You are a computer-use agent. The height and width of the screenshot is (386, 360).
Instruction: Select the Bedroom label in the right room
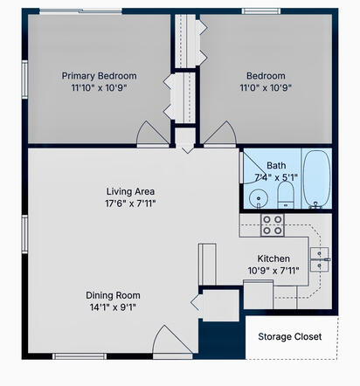coord(266,75)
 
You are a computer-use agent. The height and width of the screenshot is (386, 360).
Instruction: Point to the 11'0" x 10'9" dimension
coord(266,88)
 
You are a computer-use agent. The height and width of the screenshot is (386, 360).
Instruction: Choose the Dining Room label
coord(111,294)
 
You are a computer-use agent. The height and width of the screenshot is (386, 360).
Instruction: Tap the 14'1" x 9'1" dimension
coord(111,307)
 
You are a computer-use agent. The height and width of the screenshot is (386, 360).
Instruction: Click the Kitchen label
coord(273,258)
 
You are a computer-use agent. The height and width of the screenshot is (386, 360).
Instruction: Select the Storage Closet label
coord(290,336)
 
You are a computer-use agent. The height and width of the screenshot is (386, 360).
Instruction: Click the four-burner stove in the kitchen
coord(273,225)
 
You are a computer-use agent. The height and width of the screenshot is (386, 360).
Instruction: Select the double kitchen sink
coord(320,256)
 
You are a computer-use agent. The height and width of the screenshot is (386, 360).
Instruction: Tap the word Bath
coord(276,164)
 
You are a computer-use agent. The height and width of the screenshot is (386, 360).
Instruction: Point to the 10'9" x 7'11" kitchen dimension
coord(273,271)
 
